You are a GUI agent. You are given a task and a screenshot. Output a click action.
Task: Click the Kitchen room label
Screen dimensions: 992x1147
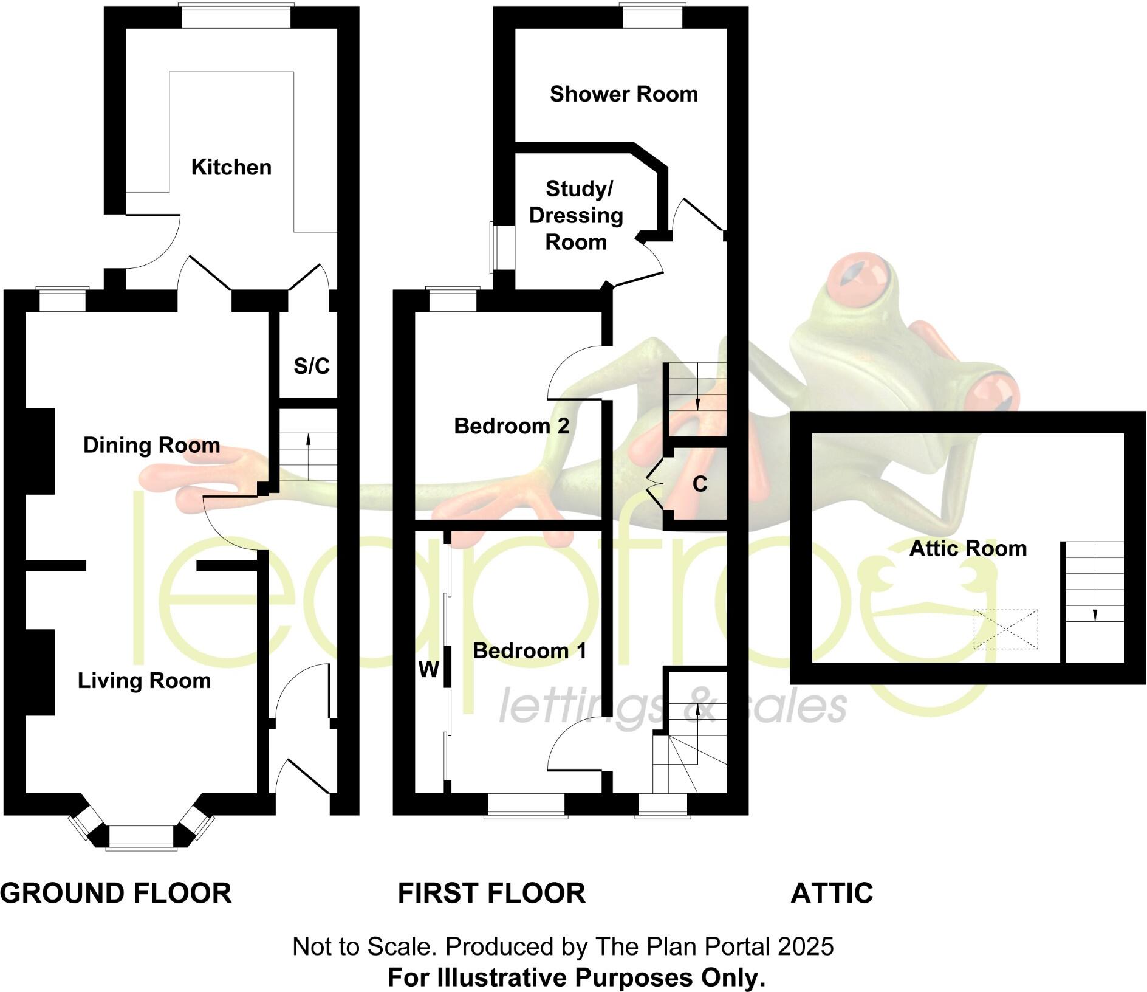pos(231,167)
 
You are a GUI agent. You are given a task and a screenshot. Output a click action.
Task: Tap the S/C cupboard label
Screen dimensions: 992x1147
pos(312,366)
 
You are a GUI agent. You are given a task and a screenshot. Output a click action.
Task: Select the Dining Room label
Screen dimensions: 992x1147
pos(151,445)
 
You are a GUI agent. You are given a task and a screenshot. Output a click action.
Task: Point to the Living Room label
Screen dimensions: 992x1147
pos(144,680)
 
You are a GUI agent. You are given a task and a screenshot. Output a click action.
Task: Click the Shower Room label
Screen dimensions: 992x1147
pos(623,94)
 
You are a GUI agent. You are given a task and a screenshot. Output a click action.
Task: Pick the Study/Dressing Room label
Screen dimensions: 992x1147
pos(576,215)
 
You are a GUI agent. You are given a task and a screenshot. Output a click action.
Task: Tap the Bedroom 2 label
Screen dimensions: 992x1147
pos(512,426)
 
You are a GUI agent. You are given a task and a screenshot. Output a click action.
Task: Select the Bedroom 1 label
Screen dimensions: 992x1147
pos(529,651)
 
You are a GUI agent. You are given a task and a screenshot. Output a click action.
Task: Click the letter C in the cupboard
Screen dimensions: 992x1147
pos(700,484)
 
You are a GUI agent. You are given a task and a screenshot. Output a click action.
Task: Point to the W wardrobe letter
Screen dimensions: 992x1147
pos(428,670)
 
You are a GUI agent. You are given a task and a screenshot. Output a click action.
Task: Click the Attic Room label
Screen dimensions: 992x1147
pos(967,549)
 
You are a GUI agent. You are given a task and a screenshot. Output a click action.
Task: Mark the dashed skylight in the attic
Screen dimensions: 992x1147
pos(1005,629)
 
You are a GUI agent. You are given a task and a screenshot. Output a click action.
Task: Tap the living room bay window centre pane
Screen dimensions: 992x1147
pos(142,836)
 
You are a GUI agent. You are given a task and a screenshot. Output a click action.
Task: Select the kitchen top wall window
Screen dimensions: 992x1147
pos(236,16)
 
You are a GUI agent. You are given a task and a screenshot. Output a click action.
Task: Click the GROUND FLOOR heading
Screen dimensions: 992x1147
pos(116,893)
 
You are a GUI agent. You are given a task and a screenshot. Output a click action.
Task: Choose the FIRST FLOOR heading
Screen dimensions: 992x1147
pos(491,893)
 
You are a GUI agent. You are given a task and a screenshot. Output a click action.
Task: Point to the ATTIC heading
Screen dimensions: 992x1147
pos(832,893)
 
